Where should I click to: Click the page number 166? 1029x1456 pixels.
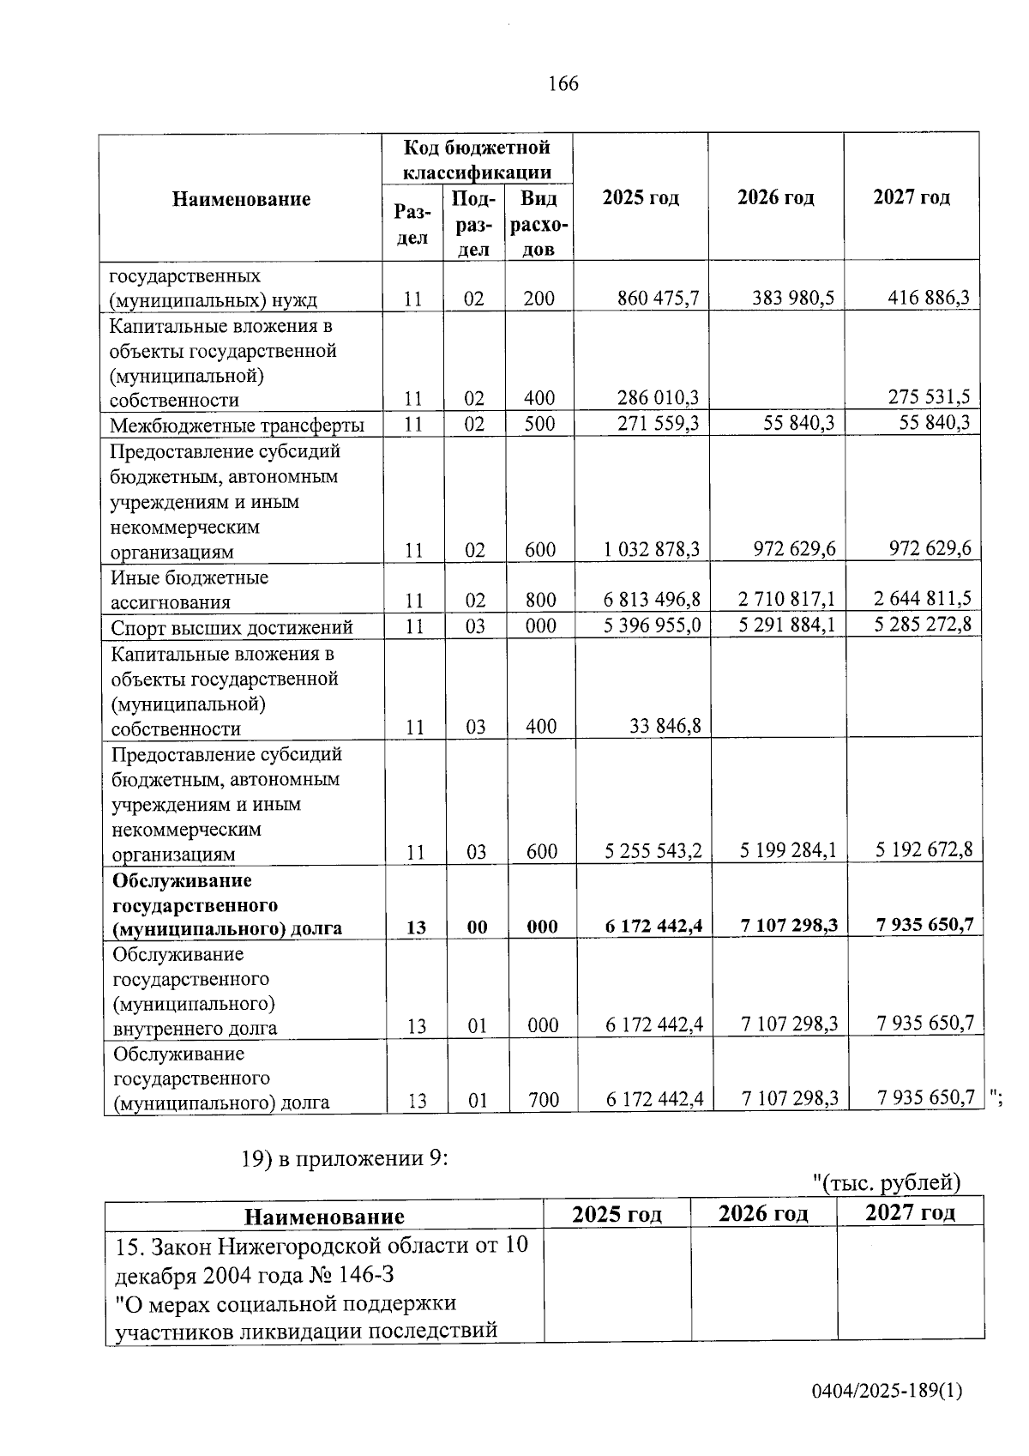(x=563, y=84)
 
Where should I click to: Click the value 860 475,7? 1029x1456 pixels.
(x=658, y=299)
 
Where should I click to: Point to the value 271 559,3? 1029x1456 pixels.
(x=658, y=424)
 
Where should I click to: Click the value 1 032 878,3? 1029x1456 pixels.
(x=652, y=550)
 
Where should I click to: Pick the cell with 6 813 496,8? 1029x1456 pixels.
(x=652, y=599)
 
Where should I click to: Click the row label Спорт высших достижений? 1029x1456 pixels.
(x=232, y=628)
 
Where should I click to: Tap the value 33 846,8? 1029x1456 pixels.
(x=665, y=727)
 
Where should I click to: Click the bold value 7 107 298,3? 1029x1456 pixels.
(x=790, y=925)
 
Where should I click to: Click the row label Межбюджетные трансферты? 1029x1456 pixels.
(x=237, y=426)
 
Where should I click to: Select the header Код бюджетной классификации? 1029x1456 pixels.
(x=477, y=160)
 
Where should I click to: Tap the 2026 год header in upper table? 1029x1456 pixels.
(x=775, y=197)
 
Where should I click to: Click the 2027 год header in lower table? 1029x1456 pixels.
(x=910, y=1212)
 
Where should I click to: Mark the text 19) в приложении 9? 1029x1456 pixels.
(x=345, y=1158)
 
